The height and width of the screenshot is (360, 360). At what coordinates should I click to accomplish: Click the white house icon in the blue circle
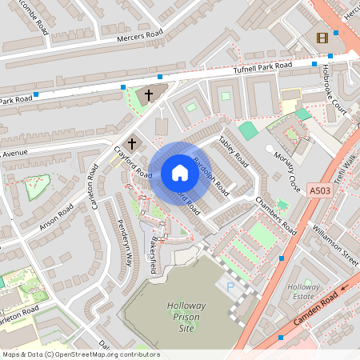click(180, 173)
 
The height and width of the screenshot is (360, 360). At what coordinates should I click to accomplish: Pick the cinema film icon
click(322, 38)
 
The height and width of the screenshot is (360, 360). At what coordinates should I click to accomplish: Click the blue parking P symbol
click(231, 286)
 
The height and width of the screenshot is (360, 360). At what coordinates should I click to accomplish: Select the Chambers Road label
click(277, 216)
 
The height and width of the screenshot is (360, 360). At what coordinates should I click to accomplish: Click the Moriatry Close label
click(286, 165)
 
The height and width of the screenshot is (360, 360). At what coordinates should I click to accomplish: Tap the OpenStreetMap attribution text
click(80, 354)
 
